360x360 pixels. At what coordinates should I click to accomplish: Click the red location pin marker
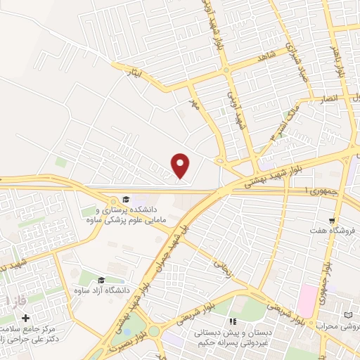(x=181, y=165)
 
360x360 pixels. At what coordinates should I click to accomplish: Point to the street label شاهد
(x=264, y=61)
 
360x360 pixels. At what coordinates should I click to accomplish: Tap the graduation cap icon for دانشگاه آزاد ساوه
(x=102, y=281)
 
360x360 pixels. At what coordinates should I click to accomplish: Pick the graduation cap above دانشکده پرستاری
(x=126, y=199)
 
